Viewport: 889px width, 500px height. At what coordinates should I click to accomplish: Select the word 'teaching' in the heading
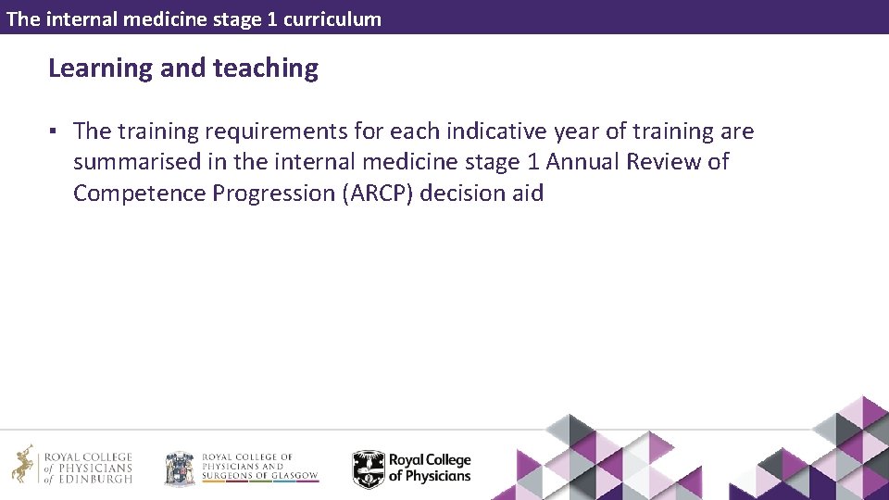tap(266, 69)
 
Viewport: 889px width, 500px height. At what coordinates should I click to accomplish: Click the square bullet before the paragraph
tap(56, 132)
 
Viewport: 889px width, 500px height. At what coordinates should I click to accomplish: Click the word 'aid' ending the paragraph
tap(527, 194)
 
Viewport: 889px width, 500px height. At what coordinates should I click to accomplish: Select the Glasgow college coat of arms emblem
tap(180, 468)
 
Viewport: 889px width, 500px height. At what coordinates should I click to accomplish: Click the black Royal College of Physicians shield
tap(368, 469)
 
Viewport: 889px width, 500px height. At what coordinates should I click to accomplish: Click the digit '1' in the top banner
tap(271, 19)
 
